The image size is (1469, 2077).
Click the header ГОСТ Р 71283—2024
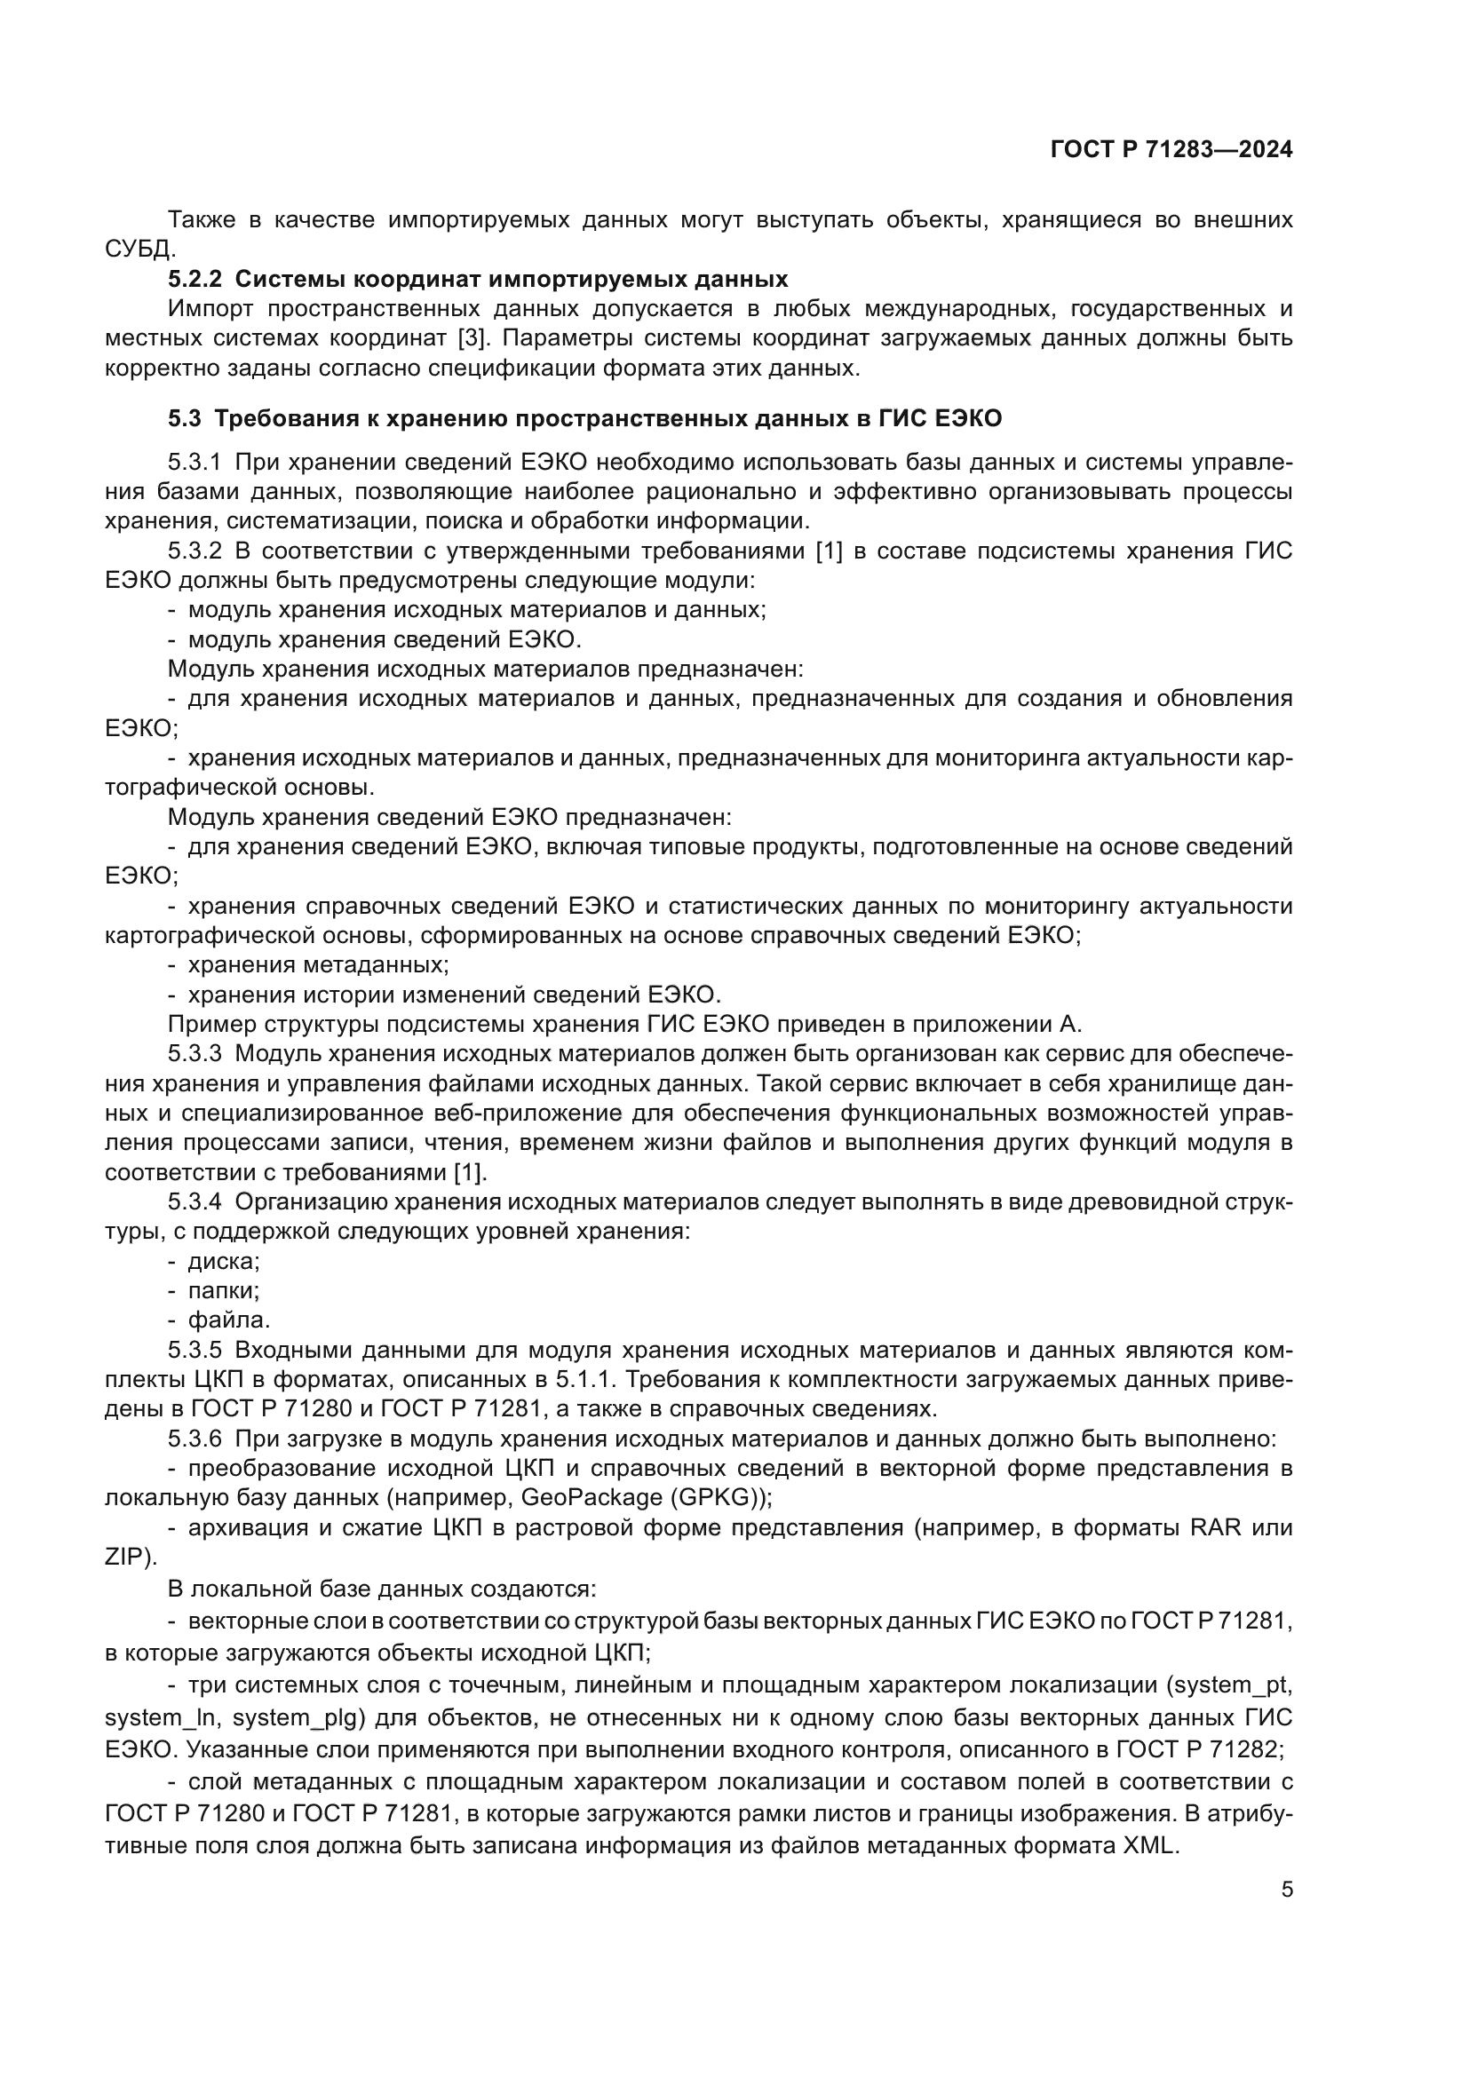1171,150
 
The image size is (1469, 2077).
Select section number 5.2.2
195,279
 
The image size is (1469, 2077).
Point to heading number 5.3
185,419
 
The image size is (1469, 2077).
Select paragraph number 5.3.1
195,463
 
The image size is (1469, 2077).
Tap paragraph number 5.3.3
195,1054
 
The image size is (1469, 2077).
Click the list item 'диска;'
224,1261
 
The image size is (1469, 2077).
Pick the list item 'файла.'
229,1320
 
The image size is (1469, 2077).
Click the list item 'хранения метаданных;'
319,965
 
